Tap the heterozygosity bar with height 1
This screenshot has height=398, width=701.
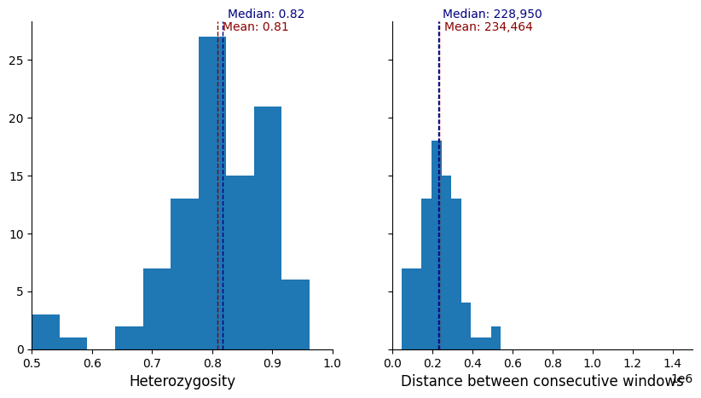click(x=73, y=343)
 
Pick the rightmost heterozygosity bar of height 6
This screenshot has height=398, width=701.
click(x=295, y=314)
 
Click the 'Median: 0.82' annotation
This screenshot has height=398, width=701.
click(x=266, y=14)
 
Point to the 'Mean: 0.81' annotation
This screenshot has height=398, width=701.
click(x=255, y=27)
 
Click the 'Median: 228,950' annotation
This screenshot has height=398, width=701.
click(x=492, y=14)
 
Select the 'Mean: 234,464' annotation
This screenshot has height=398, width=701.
click(x=488, y=27)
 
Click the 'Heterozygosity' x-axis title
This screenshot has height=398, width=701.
click(x=182, y=382)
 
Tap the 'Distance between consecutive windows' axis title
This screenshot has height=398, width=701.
click(x=542, y=382)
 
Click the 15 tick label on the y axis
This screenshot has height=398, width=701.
click(x=20, y=176)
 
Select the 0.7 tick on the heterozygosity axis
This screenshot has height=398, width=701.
click(x=152, y=362)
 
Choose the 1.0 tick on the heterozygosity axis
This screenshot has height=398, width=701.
click(x=333, y=362)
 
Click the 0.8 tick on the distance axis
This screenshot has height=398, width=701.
click(x=553, y=362)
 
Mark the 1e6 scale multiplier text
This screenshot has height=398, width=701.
click(x=681, y=378)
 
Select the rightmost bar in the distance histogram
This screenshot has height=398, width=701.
click(x=495, y=338)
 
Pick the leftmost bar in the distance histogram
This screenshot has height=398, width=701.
click(x=411, y=309)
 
